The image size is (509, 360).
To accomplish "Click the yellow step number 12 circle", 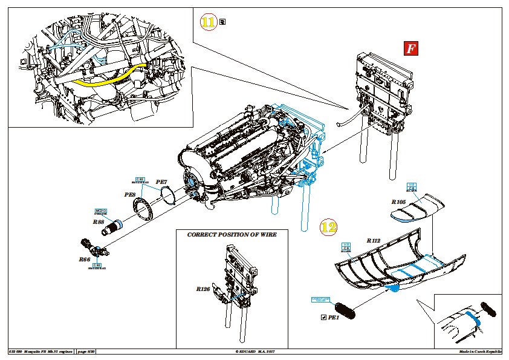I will pos(328,228).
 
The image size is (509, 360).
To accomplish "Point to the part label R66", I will pos(84,259).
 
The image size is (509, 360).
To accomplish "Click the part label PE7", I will pos(161,182).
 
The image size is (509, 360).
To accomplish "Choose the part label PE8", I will pos(129,195).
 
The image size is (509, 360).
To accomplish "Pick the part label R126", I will pos(203,289).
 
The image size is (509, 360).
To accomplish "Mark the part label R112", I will pos(374,240).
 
